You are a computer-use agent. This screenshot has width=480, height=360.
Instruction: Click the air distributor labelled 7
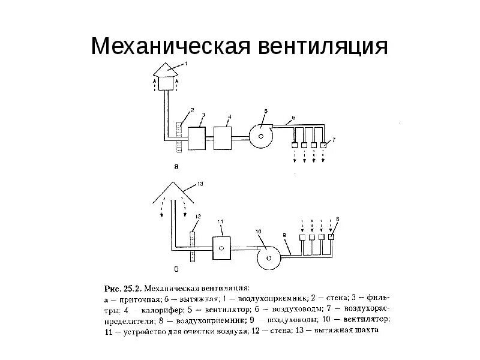(324, 145)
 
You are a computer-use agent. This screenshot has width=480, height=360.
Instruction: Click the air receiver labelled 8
(331, 236)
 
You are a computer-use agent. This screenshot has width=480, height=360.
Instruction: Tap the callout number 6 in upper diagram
(293, 116)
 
